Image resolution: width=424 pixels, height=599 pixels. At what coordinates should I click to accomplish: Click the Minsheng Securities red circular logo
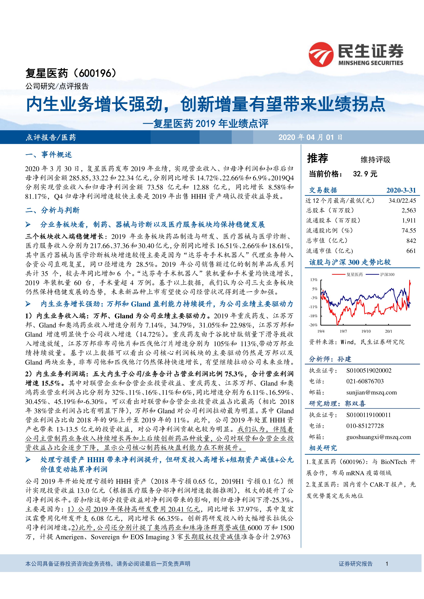(x=321, y=54)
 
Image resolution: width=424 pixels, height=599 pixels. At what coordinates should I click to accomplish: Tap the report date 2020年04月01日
(x=310, y=137)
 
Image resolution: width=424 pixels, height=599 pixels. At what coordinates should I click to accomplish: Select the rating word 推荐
(x=318, y=158)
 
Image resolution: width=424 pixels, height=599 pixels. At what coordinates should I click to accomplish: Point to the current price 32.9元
(x=365, y=174)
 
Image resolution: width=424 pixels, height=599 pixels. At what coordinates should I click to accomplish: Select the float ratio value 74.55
(x=409, y=230)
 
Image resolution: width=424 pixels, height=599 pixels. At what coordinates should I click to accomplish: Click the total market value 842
(x=411, y=241)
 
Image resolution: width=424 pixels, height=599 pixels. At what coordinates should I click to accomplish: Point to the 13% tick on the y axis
(x=314, y=280)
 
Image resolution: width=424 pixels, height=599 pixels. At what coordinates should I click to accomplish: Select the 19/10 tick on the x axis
(x=366, y=331)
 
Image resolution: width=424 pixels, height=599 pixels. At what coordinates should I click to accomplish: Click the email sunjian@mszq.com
(x=371, y=392)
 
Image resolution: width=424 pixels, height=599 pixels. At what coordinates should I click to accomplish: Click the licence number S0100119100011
(x=368, y=415)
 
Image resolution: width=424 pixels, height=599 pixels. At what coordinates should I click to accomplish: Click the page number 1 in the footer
(x=387, y=564)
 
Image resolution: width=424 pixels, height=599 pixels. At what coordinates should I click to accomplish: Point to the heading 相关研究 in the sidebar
(x=323, y=448)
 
